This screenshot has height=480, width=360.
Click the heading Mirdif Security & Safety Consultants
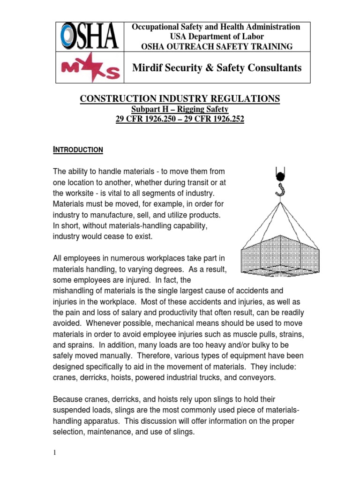(217, 68)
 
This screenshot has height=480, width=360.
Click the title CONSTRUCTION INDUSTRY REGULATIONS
(180, 98)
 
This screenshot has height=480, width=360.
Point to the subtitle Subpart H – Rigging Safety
(180, 109)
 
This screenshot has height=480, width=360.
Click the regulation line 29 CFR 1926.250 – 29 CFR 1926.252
(180, 119)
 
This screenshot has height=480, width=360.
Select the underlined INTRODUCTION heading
(77, 150)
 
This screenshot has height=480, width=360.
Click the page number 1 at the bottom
(54, 452)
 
